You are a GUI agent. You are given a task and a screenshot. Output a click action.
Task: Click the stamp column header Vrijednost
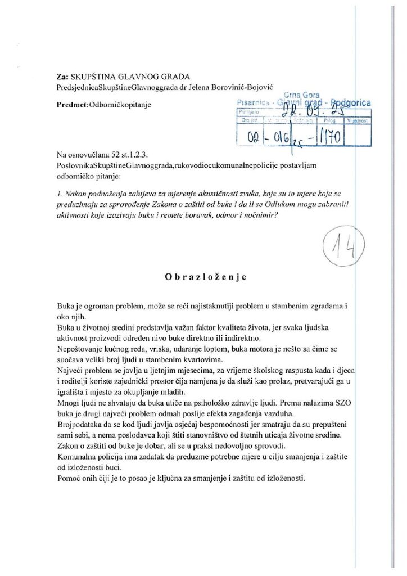tap(357, 120)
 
